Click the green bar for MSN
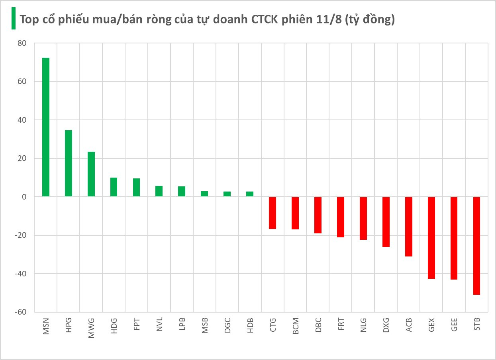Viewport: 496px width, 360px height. tap(46, 127)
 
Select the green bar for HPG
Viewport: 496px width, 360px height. tap(69, 163)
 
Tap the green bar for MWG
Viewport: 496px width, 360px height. tap(91, 174)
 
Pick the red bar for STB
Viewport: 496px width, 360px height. tap(476, 246)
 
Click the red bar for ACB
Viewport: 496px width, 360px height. tap(409, 227)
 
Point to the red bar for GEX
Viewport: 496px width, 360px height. tap(431, 238)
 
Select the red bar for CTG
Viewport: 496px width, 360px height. tap(273, 213)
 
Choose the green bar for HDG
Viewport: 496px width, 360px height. tap(114, 187)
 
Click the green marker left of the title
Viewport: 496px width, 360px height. tap(14, 19)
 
